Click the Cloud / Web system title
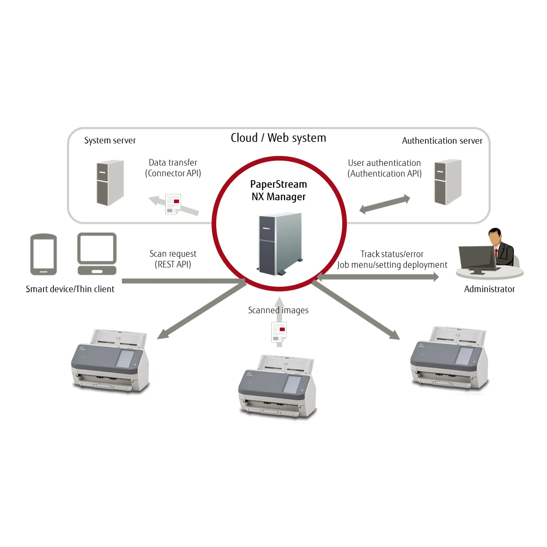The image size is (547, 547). pos(278,138)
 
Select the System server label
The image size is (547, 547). pos(110,140)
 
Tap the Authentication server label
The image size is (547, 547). pos(442,141)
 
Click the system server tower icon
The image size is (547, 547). pos(110,183)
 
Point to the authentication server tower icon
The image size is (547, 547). pos(448,182)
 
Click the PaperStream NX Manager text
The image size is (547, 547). pos(279,190)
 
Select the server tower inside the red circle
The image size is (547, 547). pos(280,244)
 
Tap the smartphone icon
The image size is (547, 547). pos(43,254)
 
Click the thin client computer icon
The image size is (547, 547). pos(97,254)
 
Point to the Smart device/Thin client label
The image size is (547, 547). pos(70,289)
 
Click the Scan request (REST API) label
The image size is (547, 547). pos(173,259)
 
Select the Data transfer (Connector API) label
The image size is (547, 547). pos(173,168)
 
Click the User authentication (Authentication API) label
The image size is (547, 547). pos(385,168)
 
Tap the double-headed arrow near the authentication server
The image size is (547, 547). pos(385,204)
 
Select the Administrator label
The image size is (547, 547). pos(489,289)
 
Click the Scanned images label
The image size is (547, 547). pos(278,310)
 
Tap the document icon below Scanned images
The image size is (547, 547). pos(279,332)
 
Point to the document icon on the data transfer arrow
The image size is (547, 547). pos(173,204)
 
